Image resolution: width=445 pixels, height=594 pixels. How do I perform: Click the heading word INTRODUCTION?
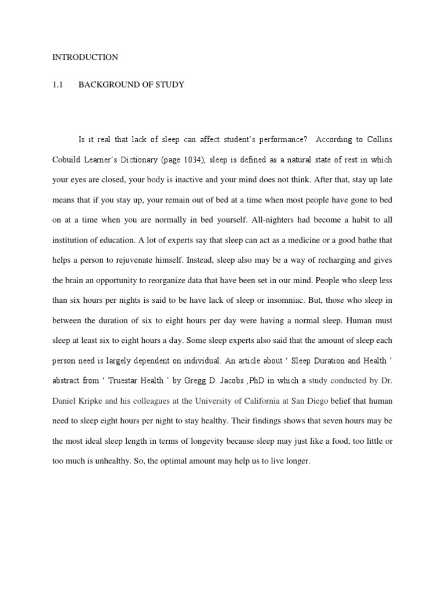(x=85, y=57)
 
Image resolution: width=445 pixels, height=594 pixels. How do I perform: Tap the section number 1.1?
(x=57, y=85)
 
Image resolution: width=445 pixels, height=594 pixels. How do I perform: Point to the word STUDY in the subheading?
(x=169, y=85)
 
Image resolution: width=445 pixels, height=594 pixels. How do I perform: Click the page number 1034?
(x=193, y=160)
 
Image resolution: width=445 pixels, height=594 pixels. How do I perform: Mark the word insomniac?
(x=281, y=300)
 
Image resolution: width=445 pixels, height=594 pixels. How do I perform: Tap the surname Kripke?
(x=92, y=400)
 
